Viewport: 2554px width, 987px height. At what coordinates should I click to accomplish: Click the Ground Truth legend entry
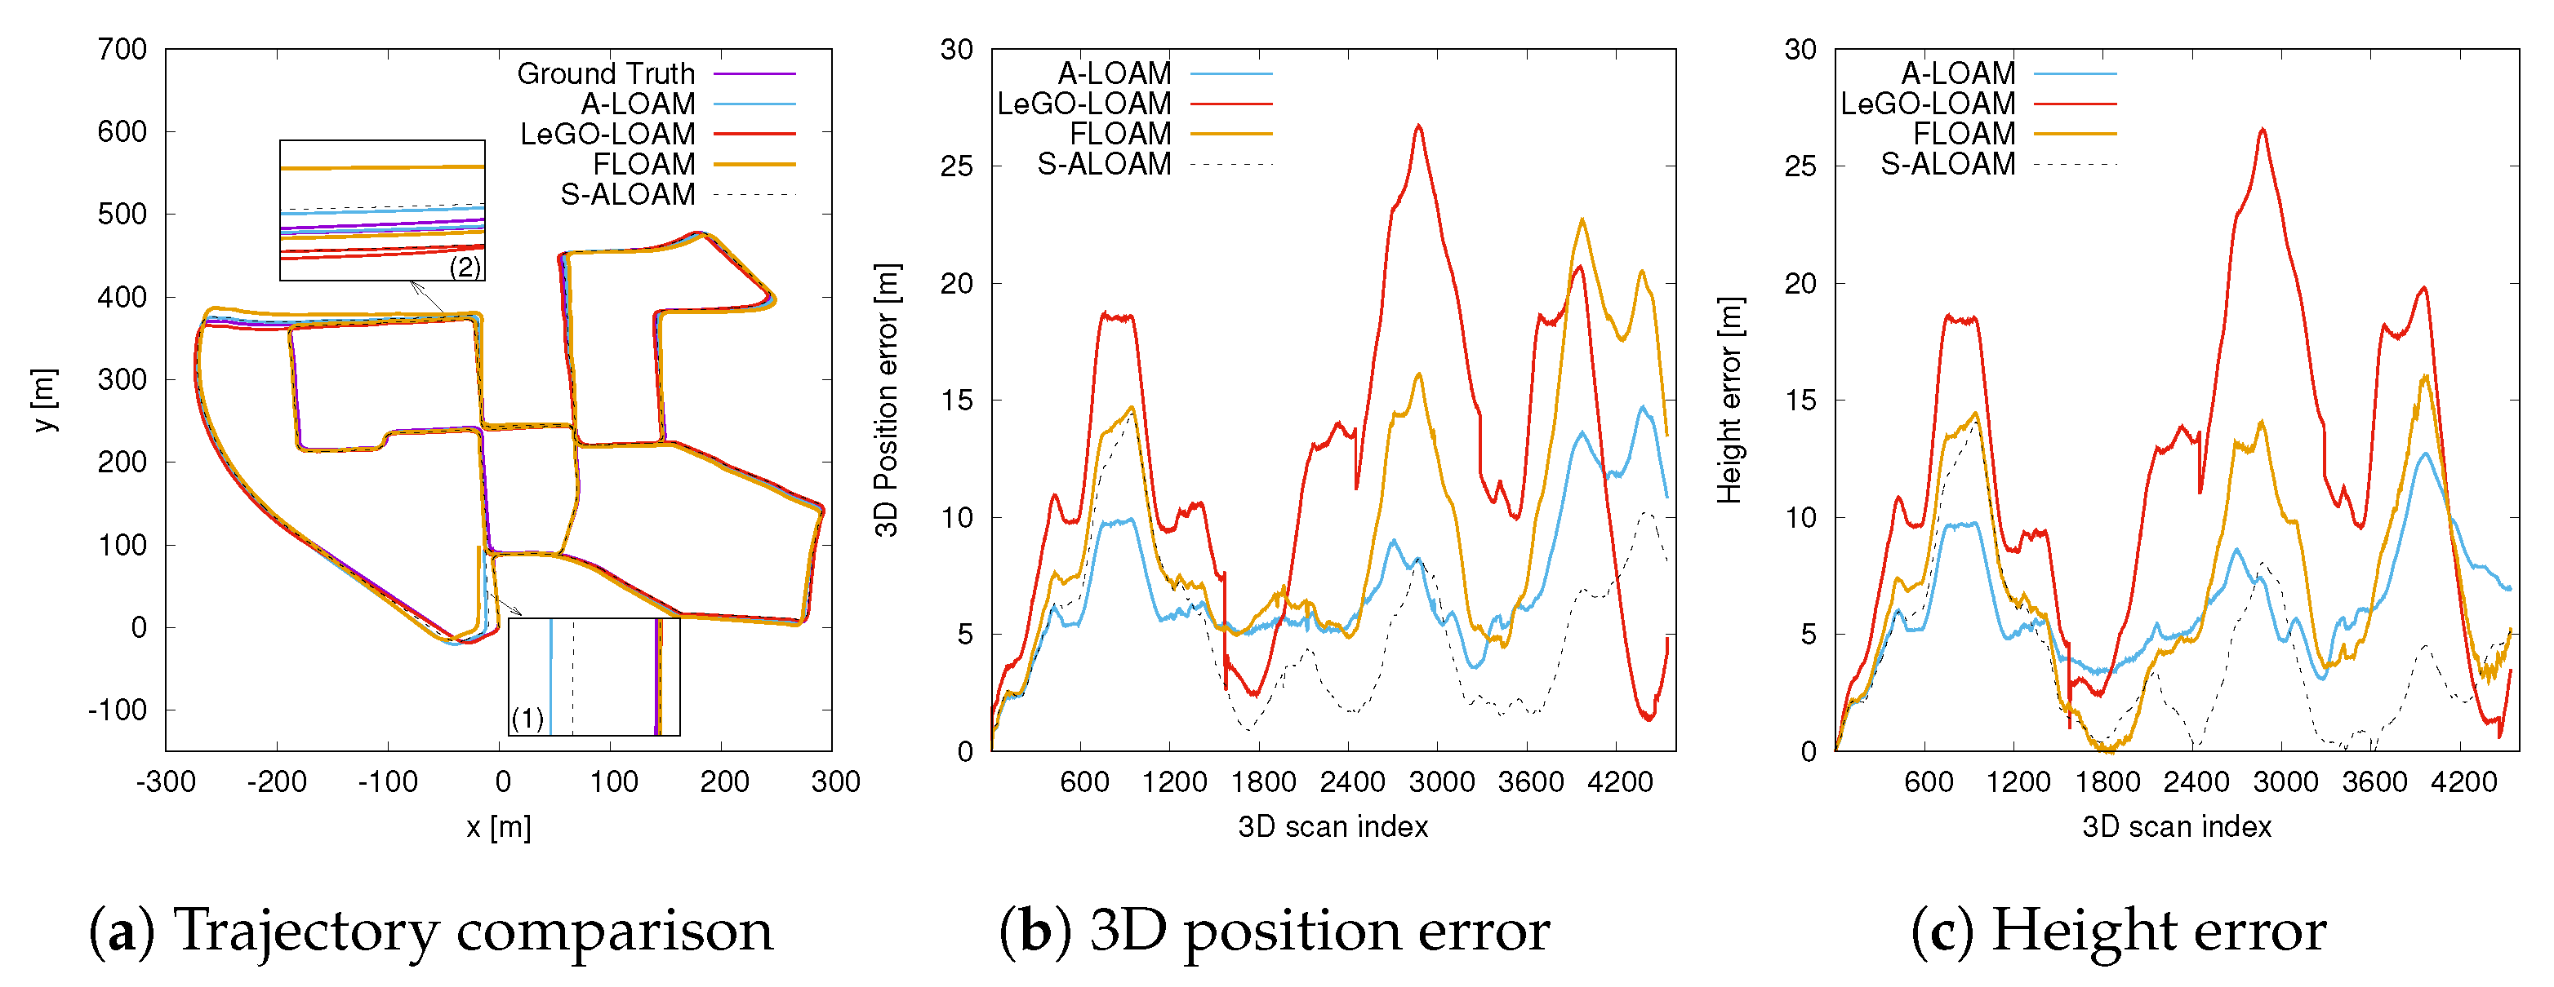[x=606, y=74]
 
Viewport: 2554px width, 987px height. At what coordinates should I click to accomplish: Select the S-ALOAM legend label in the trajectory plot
[x=628, y=194]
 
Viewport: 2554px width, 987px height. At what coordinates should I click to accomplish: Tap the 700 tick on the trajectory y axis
[x=122, y=50]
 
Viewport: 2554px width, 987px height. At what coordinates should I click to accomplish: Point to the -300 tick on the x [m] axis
[x=166, y=782]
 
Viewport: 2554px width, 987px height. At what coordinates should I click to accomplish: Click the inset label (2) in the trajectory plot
[x=465, y=266]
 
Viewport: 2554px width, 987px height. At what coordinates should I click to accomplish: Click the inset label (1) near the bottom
[x=527, y=718]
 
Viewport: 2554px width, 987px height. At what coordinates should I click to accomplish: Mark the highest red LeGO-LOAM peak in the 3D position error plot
[x=1419, y=126]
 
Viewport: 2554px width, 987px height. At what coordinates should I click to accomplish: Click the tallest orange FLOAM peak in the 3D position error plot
[x=1582, y=220]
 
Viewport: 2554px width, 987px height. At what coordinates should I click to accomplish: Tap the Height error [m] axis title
[x=1729, y=400]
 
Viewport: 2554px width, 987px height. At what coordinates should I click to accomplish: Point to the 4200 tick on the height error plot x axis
[x=2463, y=782]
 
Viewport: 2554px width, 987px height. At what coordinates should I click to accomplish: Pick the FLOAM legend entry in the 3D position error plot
[x=1119, y=134]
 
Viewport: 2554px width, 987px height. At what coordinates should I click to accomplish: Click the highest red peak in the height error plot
[x=2263, y=130]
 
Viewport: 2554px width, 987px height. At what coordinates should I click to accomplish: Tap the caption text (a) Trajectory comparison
[x=431, y=931]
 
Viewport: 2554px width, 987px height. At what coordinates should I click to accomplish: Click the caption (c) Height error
[x=2119, y=931]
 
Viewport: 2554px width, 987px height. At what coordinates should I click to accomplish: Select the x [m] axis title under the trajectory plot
[x=499, y=826]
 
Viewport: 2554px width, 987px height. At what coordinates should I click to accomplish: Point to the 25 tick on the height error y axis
[x=1800, y=166]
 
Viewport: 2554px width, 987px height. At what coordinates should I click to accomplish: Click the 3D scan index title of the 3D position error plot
[x=1333, y=826]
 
